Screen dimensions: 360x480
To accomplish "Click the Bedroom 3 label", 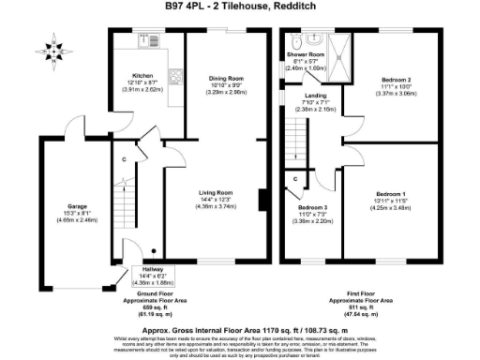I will pyautogui.click(x=313, y=207).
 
